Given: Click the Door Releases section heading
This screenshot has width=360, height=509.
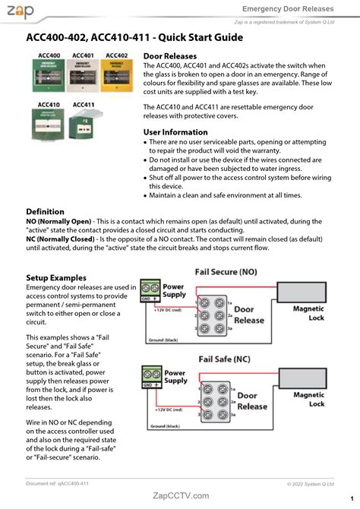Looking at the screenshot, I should point(169,56).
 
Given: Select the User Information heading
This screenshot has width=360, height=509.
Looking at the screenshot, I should point(175,132).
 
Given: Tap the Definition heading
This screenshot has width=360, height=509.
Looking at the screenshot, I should point(45,211).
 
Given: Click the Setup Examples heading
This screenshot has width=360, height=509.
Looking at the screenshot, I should point(56,278).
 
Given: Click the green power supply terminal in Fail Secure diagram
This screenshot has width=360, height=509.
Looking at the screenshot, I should point(150,292).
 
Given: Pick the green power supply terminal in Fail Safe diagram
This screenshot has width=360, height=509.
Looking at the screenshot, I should point(151,377).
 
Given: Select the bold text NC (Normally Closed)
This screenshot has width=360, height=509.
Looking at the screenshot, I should point(61,239).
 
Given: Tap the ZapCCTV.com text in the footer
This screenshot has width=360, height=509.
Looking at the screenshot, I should point(181,495).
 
